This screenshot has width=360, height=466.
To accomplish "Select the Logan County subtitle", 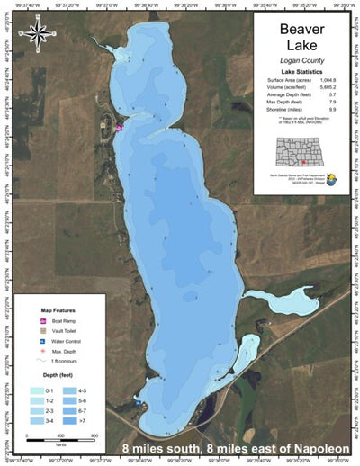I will click(301, 60).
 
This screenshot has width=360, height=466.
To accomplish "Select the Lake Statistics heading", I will click(301, 71).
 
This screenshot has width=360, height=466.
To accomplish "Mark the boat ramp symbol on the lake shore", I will click(119, 128).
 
